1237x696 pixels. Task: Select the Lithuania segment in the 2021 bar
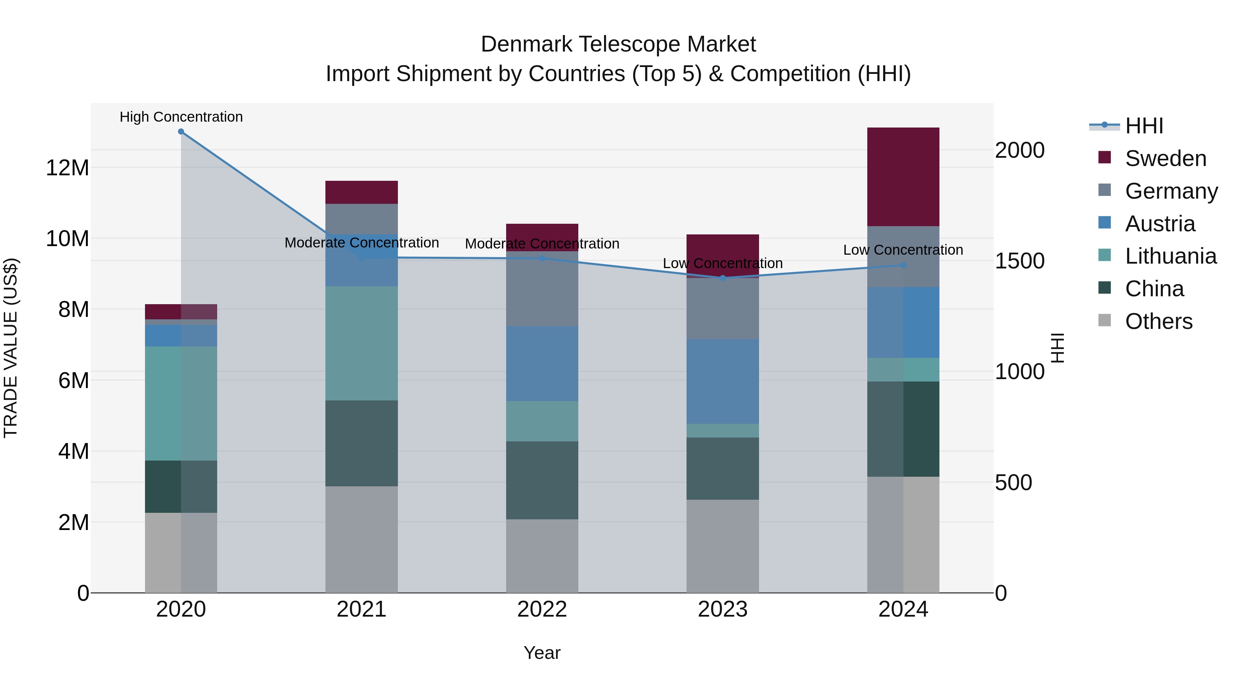(361, 343)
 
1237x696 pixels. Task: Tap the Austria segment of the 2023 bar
(722, 382)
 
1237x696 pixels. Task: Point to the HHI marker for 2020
(181, 132)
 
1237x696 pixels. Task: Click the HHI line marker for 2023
(722, 278)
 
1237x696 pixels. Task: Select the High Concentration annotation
(181, 117)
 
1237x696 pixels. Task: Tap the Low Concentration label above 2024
(903, 250)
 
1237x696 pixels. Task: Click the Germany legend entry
(1171, 191)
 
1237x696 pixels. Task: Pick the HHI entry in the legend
(1144, 126)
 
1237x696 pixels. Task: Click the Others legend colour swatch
(1104, 320)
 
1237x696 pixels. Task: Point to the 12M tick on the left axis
(67, 168)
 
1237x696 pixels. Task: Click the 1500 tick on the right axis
(1019, 261)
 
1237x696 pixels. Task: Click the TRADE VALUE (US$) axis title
(11, 348)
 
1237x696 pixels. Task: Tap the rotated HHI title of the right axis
(1058, 348)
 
